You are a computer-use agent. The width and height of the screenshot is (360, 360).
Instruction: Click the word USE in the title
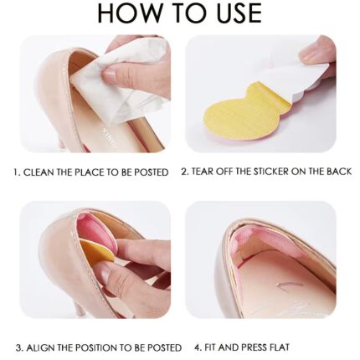tap(239, 13)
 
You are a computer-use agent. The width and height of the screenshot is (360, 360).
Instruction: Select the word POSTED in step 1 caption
tap(151, 172)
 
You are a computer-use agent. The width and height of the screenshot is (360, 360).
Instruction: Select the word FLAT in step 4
tap(279, 347)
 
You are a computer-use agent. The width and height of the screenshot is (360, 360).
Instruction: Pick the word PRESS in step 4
tap(252, 347)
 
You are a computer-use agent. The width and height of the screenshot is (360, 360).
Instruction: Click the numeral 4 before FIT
tap(198, 347)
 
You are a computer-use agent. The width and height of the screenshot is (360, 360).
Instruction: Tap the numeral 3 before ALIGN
tap(19, 348)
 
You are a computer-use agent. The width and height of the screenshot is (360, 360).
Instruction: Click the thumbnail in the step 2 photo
tap(308, 53)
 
